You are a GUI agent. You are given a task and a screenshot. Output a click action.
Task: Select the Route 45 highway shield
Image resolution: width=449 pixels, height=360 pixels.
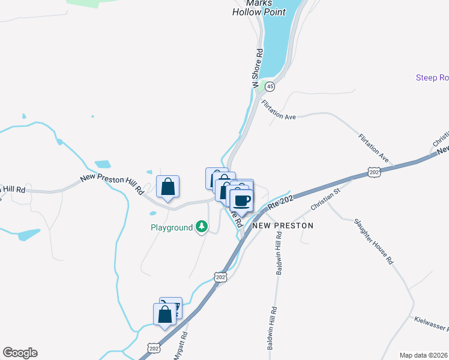(271, 86)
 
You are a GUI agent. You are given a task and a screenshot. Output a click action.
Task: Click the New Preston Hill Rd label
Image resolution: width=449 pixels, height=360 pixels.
(112, 184)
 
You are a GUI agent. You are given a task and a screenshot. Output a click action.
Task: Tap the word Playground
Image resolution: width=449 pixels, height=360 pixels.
(171, 227)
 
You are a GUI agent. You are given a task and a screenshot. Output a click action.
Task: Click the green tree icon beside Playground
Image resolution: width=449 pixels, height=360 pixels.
(203, 227)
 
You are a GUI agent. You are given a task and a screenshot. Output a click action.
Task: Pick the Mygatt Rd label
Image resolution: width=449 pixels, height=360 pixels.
(179, 346)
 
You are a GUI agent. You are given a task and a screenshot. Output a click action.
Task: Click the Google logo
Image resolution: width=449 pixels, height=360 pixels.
(20, 353)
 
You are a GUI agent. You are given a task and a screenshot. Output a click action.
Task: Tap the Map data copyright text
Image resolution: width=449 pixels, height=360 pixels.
(424, 355)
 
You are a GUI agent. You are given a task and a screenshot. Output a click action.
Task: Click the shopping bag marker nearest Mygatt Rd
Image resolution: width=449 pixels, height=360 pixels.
(165, 314)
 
